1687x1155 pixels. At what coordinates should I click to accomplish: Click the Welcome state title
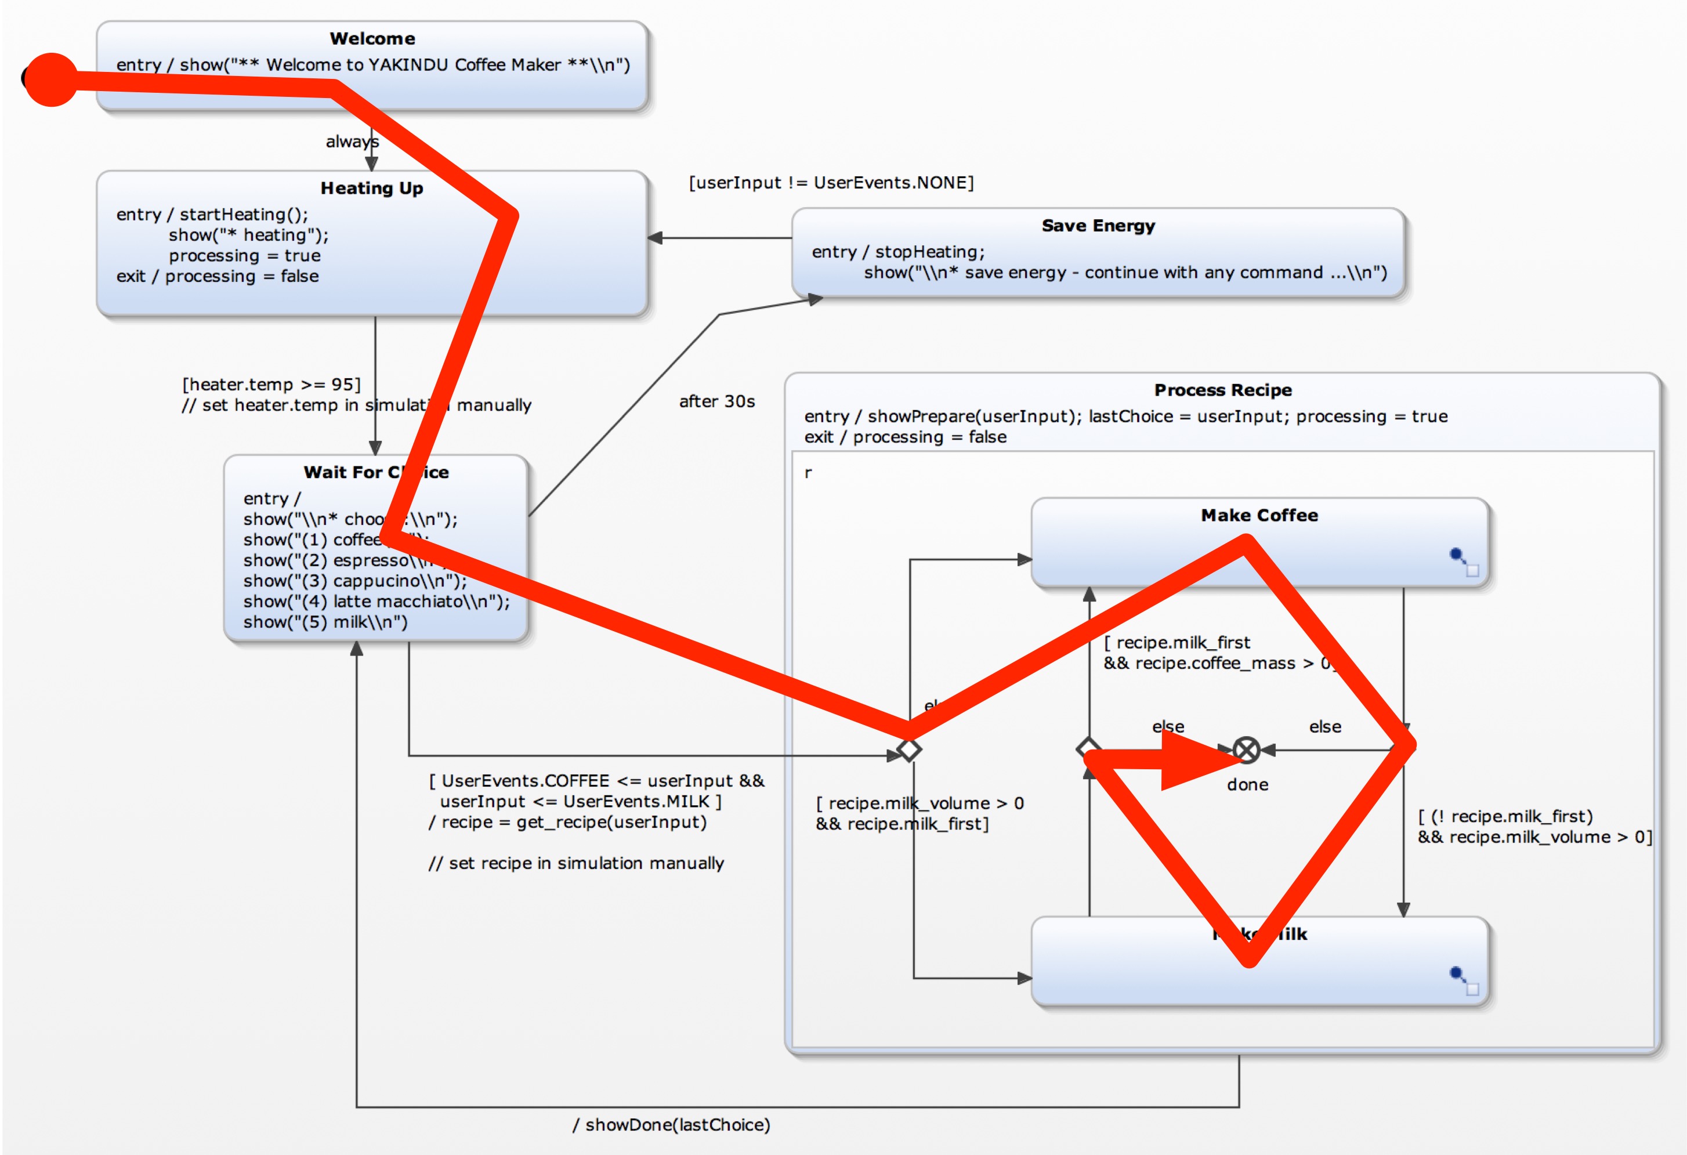click(x=372, y=38)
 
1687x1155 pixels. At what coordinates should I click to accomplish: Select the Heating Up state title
click(x=372, y=188)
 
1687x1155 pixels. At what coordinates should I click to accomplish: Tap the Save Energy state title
click(x=1098, y=226)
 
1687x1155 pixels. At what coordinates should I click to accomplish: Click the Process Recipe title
click(x=1222, y=390)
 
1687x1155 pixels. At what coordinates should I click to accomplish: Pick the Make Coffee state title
click(x=1259, y=516)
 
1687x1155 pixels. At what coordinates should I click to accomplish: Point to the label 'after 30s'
click(x=716, y=401)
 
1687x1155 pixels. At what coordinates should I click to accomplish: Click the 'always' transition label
click(x=352, y=142)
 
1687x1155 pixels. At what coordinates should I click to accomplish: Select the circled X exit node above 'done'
click(x=1246, y=750)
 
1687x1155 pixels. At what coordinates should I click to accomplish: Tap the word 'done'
click(x=1247, y=785)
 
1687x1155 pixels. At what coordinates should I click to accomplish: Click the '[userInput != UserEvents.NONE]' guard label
click(x=830, y=182)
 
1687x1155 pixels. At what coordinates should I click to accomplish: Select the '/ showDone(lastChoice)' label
click(x=671, y=1124)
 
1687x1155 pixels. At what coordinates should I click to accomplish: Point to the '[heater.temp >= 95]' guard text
click(x=271, y=384)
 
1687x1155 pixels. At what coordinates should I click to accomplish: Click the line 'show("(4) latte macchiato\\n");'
click(x=376, y=601)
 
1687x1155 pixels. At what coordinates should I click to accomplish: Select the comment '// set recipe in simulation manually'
click(x=575, y=863)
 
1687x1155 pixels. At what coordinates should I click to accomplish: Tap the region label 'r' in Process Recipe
click(x=808, y=473)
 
